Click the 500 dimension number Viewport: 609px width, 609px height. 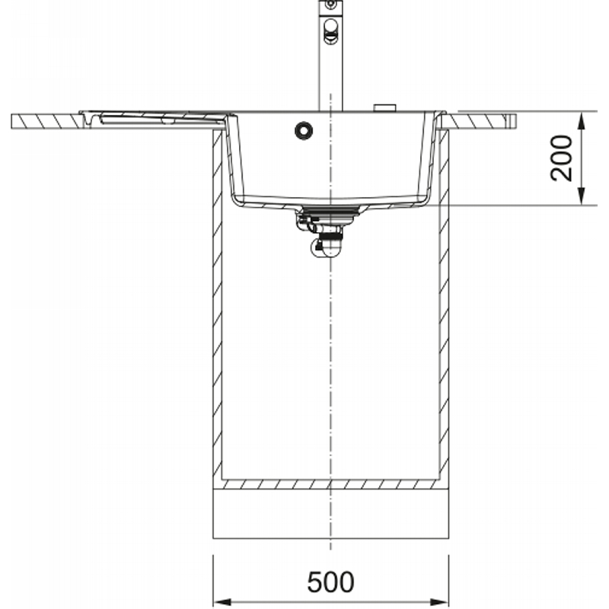[x=330, y=582]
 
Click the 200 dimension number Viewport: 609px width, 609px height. [x=561, y=158]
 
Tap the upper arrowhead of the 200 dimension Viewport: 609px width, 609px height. [x=581, y=120]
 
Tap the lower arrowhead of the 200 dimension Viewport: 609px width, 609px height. [x=581, y=196]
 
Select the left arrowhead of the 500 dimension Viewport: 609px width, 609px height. [x=223, y=602]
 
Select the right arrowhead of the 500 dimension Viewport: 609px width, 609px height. [x=439, y=602]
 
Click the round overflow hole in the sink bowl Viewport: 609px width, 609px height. [x=303, y=130]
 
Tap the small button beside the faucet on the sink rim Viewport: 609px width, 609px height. [x=384, y=107]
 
